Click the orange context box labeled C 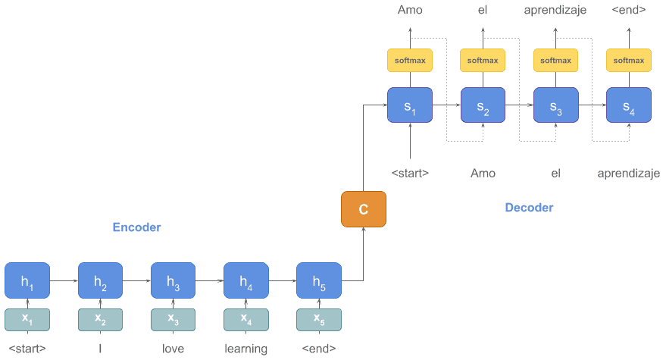pos(364,208)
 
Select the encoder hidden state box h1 pos(27,281)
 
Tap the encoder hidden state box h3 pos(173,281)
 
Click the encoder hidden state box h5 pos(319,281)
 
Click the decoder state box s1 pos(410,105)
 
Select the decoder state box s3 pos(555,105)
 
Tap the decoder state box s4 pos(629,105)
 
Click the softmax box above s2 pos(483,61)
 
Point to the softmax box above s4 pos(629,61)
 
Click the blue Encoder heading pos(136,227)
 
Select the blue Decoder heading pos(529,208)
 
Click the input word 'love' pos(173,349)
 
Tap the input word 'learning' pos(246,349)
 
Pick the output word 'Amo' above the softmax pos(410,11)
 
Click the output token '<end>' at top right pos(629,11)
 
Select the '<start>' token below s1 pos(410,174)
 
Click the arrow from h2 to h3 pos(136,280)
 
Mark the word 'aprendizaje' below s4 pos(629,174)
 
